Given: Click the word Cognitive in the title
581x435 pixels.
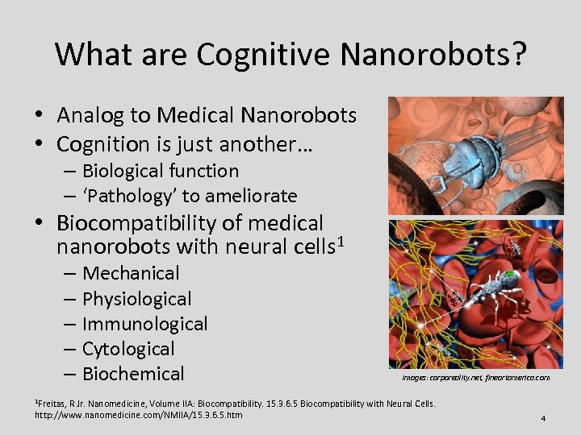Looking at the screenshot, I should (264, 55).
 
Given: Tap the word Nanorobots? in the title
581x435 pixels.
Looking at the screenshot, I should (434, 55).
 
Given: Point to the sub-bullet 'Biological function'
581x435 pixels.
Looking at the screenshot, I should (160, 171).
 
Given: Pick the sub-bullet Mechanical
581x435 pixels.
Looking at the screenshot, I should (131, 274).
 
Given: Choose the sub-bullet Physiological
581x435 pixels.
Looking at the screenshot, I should (137, 299).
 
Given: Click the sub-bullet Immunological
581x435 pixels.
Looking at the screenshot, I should (145, 324).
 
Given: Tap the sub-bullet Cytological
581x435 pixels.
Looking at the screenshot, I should (128, 349).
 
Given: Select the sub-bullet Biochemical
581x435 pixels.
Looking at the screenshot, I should (133, 374).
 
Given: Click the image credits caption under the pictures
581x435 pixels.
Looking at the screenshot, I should (476, 377).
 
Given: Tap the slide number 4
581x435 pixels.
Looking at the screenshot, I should (544, 418).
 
